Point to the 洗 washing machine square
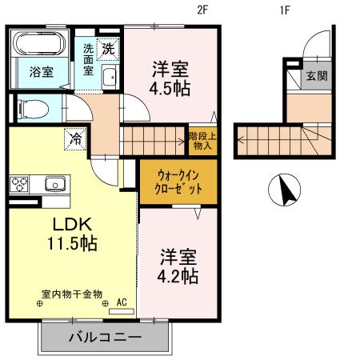coord(106,48)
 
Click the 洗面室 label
coord(87,59)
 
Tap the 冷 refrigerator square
coord(74,137)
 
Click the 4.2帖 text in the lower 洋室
coord(178,277)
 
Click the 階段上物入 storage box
coord(201,141)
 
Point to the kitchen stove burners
coord(19,184)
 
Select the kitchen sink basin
coord(54,183)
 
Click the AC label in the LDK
coord(122,302)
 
